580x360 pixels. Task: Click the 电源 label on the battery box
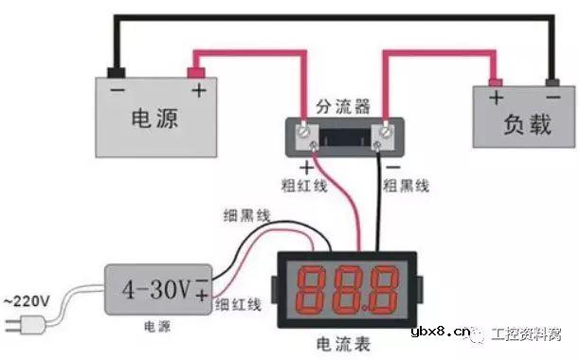(155, 118)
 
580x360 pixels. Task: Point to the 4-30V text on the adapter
(154, 284)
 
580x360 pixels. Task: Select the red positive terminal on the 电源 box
(197, 70)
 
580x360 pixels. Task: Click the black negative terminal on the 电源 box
(116, 70)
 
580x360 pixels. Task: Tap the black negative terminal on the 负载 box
(553, 81)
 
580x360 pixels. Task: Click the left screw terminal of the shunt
(306, 136)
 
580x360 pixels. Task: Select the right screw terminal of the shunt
(386, 135)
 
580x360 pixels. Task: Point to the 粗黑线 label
(406, 182)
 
